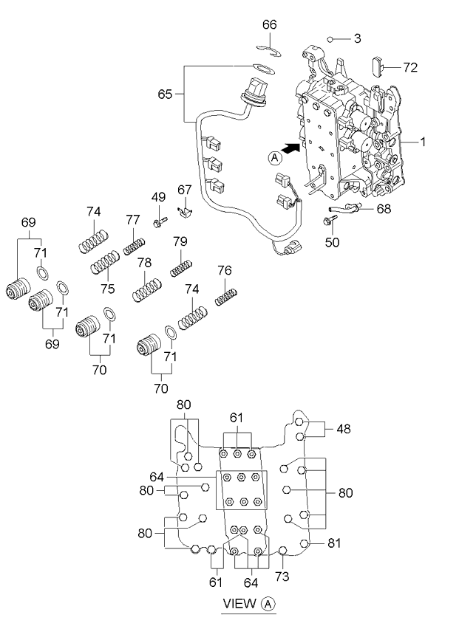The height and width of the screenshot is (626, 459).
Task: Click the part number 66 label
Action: point(270,25)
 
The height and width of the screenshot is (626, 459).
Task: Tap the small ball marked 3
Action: point(330,39)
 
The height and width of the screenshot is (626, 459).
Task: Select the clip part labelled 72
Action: point(378,67)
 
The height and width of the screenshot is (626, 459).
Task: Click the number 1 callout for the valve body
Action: point(422,142)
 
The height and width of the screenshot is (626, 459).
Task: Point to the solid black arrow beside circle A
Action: point(290,149)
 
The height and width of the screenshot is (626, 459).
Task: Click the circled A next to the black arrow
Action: point(275,158)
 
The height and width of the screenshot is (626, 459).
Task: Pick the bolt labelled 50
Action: point(330,220)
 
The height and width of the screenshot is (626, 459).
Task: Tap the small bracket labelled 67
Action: point(185,211)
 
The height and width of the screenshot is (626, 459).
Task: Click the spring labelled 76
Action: point(227,297)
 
